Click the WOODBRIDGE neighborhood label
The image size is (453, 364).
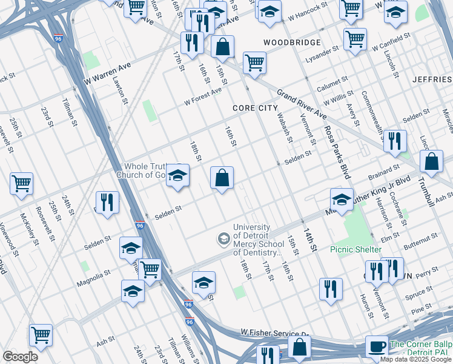click(291, 42)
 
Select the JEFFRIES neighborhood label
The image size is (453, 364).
click(432, 79)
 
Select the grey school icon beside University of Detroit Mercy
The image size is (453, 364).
click(223, 238)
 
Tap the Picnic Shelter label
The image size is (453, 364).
click(355, 249)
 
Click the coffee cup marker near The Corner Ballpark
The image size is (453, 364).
click(377, 346)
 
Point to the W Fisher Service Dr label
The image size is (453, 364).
click(274, 334)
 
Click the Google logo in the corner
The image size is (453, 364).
click(20, 357)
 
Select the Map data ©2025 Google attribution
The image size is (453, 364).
click(416, 359)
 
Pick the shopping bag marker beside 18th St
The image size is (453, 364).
click(222, 178)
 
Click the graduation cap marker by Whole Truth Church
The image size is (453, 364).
click(177, 176)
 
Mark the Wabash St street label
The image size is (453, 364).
click(285, 127)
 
